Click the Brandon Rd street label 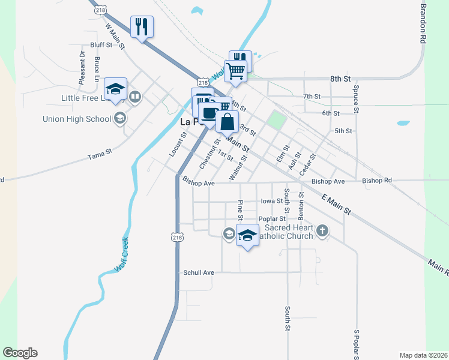pos(423,22)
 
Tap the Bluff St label pos(101,45)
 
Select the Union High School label pos(77,119)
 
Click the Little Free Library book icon pos(136,97)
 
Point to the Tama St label pos(100,154)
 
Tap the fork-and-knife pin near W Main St pos(142,26)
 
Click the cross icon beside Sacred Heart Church pos(322,230)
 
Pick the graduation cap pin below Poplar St pos(246,235)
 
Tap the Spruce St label pos(356,99)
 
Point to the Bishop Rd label pos(377,181)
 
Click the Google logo pos(20,353)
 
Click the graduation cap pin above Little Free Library pos(115,89)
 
